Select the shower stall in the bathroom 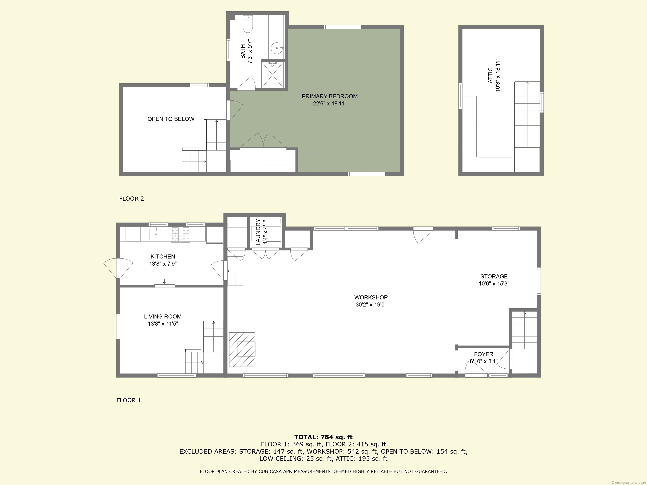[273, 75]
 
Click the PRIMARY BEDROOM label [330, 96]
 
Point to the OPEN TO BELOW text [171, 119]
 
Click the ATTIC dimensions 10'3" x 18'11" [498, 75]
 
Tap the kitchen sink [156, 234]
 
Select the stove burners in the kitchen [180, 235]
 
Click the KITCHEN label [163, 256]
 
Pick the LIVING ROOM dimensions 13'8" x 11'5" [163, 324]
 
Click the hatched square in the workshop [242, 349]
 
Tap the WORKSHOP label [371, 297]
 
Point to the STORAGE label [494, 276]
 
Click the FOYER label [484, 354]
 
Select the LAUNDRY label [258, 232]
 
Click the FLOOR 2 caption [132, 199]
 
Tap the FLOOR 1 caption [129, 400]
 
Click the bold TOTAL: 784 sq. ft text [323, 437]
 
